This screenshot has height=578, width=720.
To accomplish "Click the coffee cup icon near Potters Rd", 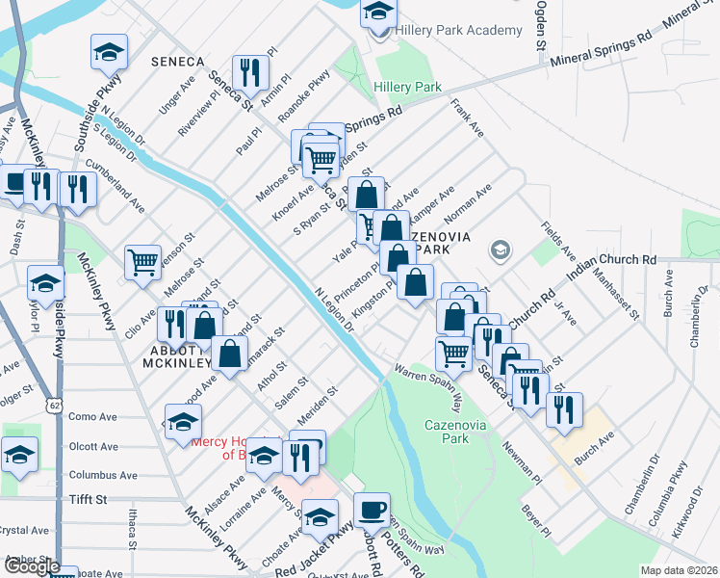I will (x=372, y=511).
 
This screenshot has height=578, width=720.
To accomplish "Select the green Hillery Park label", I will (x=407, y=87).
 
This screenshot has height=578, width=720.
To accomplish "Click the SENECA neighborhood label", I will (x=178, y=62).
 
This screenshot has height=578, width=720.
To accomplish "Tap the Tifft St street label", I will (x=88, y=500).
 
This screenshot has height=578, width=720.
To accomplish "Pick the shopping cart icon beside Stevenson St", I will (x=142, y=261).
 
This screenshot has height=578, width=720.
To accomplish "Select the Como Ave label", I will (x=92, y=417).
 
